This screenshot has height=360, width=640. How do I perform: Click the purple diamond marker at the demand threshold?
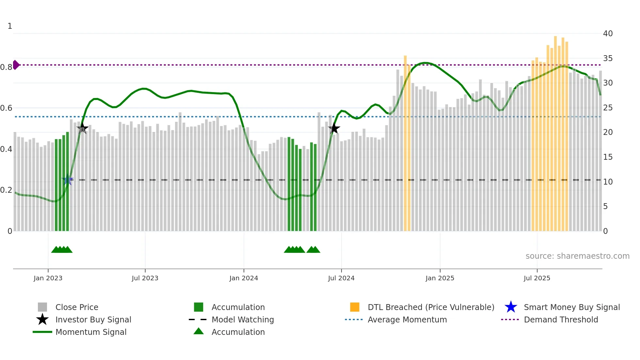pos(16,65)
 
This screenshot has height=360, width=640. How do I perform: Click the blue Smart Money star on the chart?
pos(68,180)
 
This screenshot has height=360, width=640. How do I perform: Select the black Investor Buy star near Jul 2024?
pos(334,128)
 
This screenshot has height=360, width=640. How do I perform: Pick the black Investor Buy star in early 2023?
pos(82,128)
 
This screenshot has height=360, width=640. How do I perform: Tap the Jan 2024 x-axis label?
pos(244,278)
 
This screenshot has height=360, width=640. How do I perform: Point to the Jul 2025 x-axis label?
pos(537,278)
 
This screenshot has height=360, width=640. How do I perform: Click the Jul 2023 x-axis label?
pos(145,278)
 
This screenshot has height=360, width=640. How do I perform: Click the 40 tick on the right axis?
pos(608,34)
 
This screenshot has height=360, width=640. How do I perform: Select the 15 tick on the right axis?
pos(608,157)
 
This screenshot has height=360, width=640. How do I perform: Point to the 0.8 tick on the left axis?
pos(7,67)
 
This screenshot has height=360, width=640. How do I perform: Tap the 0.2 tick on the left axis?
pos(7,190)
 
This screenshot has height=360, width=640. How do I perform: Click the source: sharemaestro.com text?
pos(577,256)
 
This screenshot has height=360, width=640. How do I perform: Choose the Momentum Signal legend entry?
pos(91,332)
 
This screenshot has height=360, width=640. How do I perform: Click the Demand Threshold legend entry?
pos(561,319)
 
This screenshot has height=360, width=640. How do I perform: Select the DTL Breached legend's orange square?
pos(355,307)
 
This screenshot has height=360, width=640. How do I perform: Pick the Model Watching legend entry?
pos(243,319)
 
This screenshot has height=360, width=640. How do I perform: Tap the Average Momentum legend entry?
pos(407,319)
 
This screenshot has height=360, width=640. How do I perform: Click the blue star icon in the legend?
pos(511,307)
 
